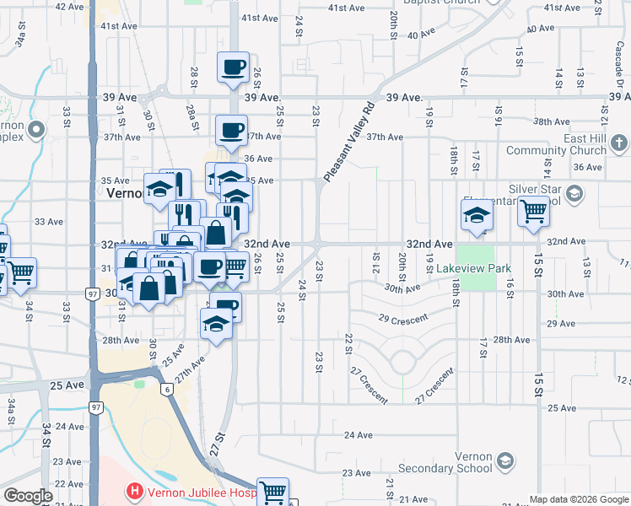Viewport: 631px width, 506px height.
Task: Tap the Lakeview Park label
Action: tap(475, 270)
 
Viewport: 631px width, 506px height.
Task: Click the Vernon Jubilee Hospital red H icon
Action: tap(132, 490)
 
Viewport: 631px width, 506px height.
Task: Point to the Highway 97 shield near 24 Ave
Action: tap(94, 408)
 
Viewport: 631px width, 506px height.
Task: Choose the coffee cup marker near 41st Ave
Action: tap(233, 67)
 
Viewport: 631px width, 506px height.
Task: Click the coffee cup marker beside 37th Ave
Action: tap(231, 131)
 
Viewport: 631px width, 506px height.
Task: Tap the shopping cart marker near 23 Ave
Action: tap(272, 492)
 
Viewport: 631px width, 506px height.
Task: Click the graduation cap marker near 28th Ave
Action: tap(216, 324)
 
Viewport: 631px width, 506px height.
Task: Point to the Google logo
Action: tap(28, 496)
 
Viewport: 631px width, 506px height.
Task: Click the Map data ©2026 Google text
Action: tap(578, 499)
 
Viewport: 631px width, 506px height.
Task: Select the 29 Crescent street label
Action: tap(404, 320)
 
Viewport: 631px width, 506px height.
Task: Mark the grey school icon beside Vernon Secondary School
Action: tap(504, 460)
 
